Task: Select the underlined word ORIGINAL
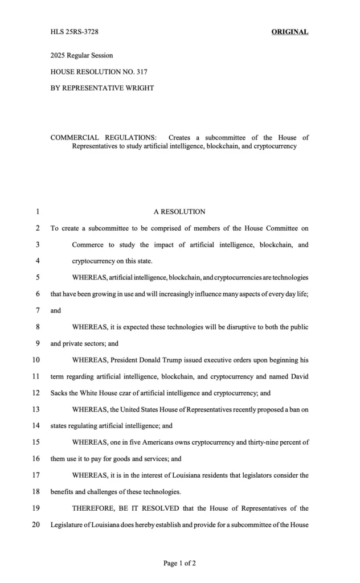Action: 289,32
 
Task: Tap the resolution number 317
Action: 142,72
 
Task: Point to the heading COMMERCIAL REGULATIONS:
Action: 104,138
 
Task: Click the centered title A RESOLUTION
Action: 179,212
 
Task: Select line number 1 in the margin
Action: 37,212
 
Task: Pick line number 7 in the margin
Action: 37,311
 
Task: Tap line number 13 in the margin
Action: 36,409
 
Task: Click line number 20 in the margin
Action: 36,524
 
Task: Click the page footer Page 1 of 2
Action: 179,564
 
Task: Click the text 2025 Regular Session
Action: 81,56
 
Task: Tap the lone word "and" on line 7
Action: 56,311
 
